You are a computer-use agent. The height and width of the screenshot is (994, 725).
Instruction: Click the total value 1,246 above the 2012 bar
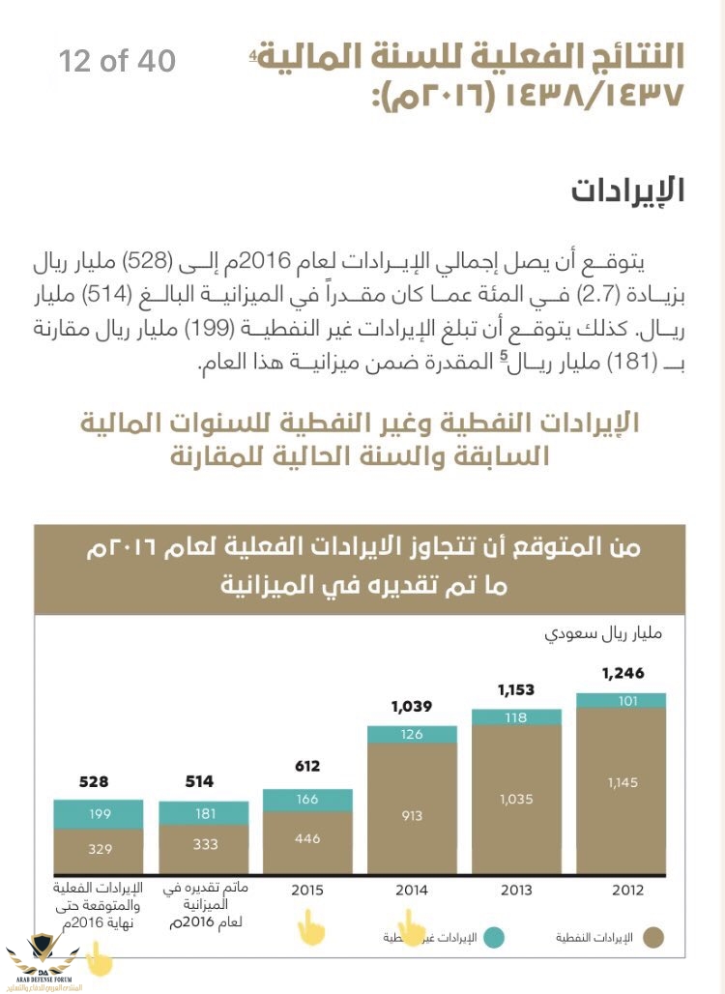click(x=623, y=674)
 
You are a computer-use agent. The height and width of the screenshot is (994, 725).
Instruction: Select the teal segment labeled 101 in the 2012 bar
click(x=623, y=700)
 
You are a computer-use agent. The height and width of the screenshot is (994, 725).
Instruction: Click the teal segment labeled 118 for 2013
click(x=516, y=717)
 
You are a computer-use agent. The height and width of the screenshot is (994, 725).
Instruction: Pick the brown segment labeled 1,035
click(x=516, y=799)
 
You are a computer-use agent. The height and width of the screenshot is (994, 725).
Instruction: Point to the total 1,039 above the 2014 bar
click(x=412, y=707)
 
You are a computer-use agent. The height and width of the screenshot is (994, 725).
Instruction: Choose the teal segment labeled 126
click(x=412, y=734)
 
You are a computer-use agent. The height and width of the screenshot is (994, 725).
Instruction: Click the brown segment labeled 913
click(x=412, y=815)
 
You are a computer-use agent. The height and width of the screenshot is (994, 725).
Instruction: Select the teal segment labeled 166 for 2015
click(x=306, y=800)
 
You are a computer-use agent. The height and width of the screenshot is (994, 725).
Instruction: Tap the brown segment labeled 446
click(x=306, y=839)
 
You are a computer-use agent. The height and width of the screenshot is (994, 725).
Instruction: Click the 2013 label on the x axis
click(x=516, y=890)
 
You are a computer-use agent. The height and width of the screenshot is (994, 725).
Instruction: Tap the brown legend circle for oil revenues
click(x=654, y=937)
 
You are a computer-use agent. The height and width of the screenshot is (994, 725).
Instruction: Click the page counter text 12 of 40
click(x=117, y=62)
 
